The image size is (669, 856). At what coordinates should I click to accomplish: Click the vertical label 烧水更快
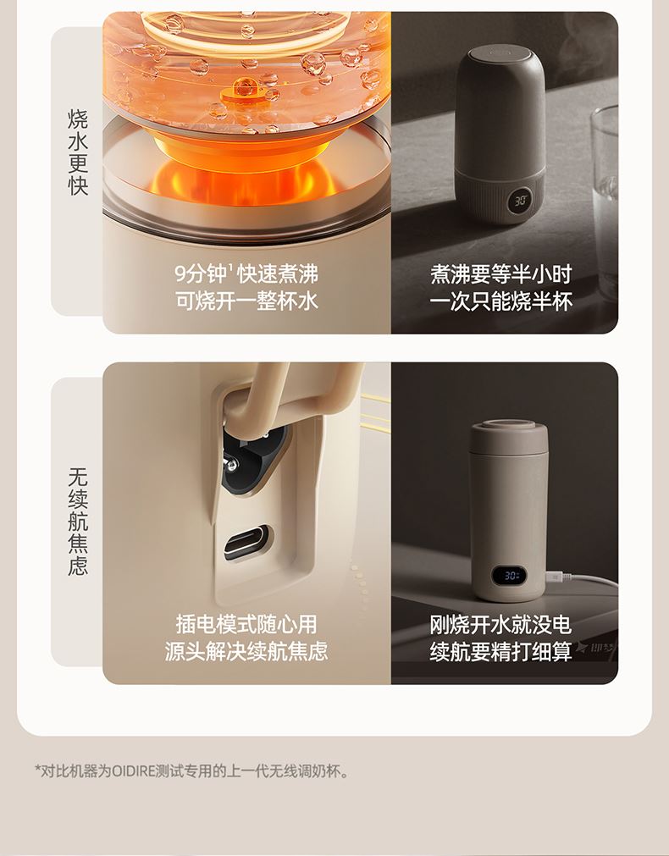78,152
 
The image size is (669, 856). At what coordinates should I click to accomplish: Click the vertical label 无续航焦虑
78,522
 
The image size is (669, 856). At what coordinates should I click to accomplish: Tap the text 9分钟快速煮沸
246,273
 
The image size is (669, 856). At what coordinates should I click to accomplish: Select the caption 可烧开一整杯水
246,301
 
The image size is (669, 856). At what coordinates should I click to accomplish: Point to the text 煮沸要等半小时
500,273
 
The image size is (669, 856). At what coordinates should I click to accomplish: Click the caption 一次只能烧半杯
500,301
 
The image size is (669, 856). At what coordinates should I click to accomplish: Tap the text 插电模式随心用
246,624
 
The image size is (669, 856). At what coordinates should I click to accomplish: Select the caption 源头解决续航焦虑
246,651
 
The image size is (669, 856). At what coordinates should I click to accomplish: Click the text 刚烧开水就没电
500,624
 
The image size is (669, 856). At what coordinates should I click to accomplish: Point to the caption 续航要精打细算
500,651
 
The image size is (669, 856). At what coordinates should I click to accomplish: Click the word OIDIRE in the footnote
133,771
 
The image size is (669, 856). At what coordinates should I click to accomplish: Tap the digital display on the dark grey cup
521,199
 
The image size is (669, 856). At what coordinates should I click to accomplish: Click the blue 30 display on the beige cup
511,576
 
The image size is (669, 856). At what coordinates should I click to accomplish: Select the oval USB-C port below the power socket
246,542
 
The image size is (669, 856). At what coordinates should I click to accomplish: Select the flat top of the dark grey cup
500,53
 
